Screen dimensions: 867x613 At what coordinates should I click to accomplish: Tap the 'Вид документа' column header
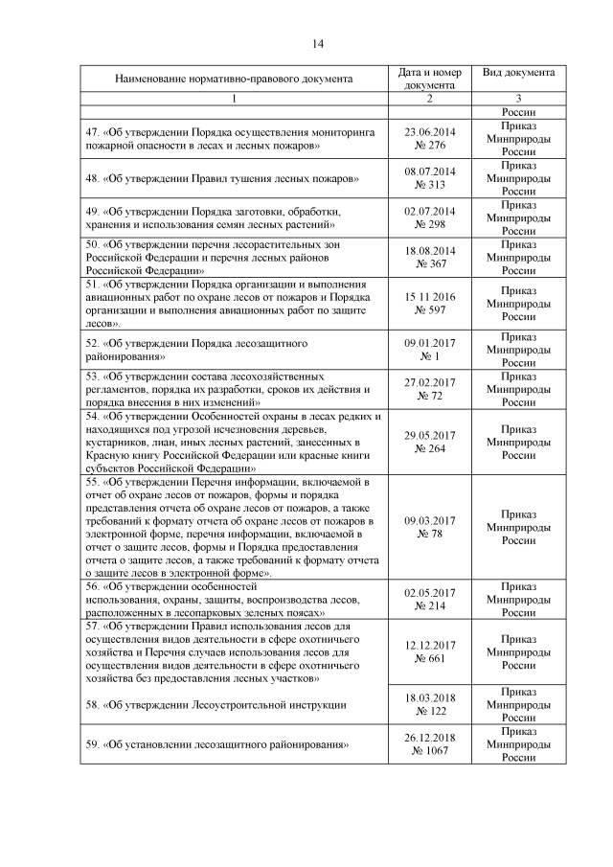[518, 72]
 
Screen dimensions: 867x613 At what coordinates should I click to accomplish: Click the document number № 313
[430, 186]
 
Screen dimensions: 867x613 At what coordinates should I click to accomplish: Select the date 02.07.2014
[430, 211]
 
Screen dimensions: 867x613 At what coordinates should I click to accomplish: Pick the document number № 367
[430, 264]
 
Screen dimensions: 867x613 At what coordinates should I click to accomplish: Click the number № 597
[430, 310]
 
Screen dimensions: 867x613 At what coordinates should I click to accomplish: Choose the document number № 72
[430, 395]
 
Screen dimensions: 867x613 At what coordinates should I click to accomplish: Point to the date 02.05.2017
[430, 592]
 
